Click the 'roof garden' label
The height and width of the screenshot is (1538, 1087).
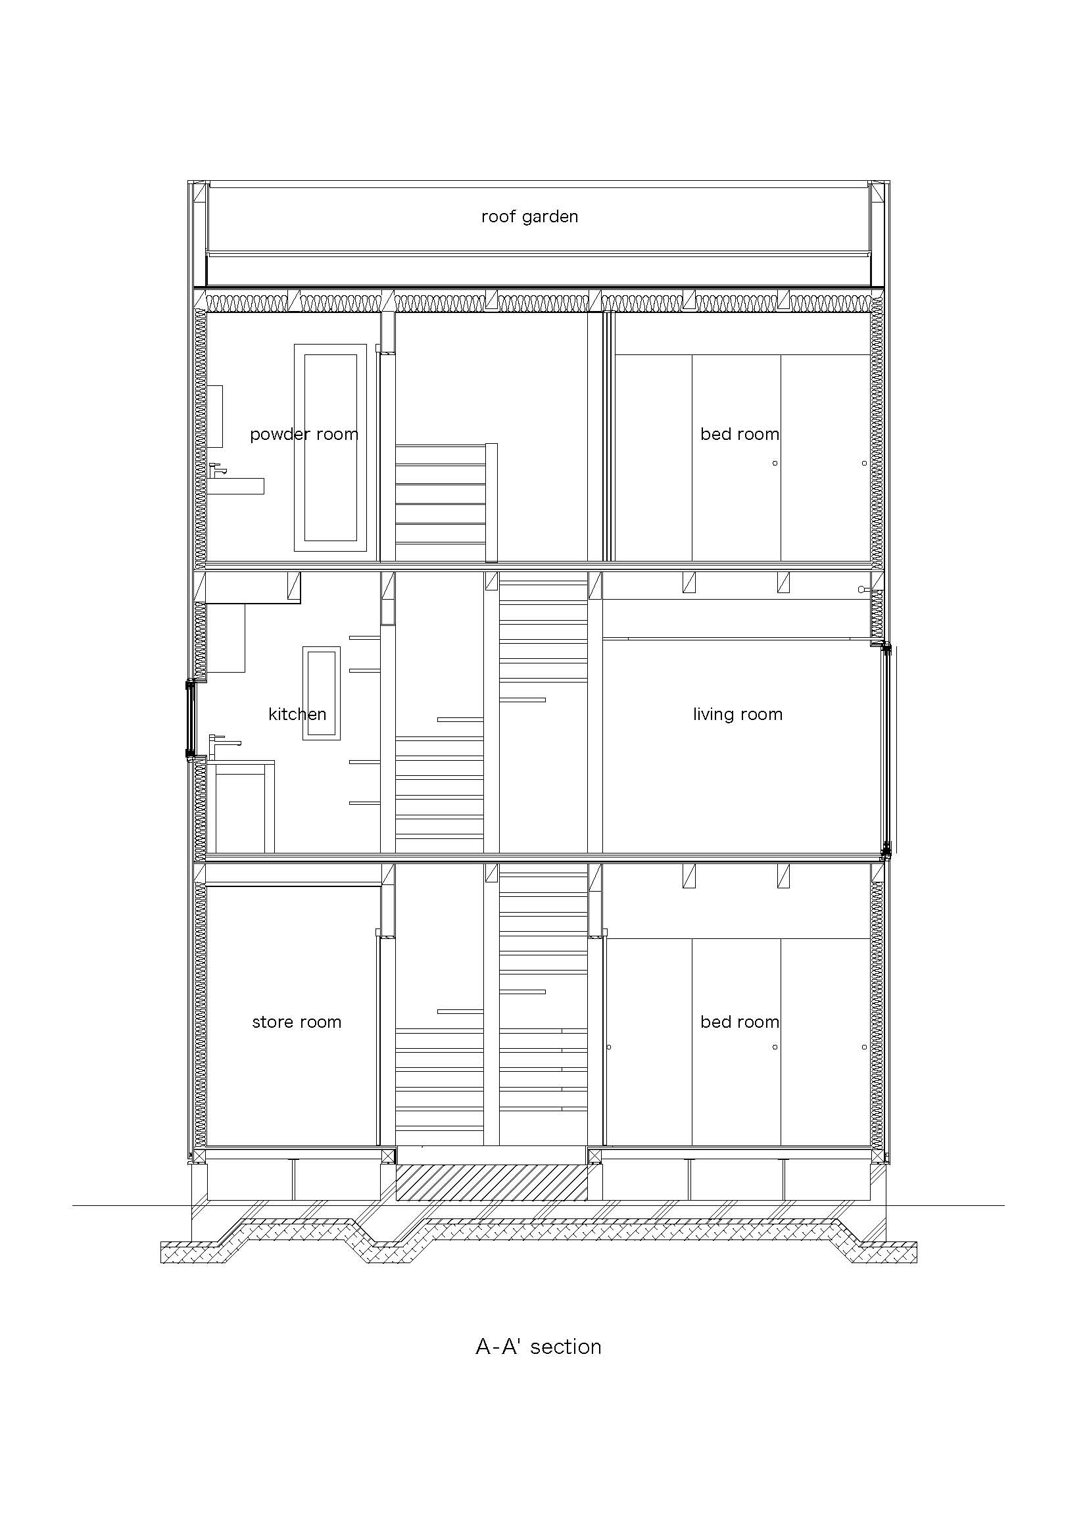pyautogui.click(x=529, y=217)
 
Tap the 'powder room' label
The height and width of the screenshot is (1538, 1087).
pyautogui.click(x=304, y=435)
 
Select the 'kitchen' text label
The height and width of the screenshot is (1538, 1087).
pyautogui.click(x=297, y=714)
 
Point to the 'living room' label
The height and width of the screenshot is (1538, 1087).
pyautogui.click(x=737, y=715)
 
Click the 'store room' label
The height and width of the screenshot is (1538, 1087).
pyautogui.click(x=297, y=1022)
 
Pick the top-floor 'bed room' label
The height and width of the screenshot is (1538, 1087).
pyautogui.click(x=739, y=434)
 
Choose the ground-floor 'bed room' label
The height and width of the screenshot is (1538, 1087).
pyautogui.click(x=739, y=1022)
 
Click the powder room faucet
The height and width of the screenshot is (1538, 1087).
pyautogui.click(x=217, y=470)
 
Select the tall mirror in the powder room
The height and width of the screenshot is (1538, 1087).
pyautogui.click(x=330, y=448)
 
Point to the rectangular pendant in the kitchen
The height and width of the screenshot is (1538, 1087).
pyautogui.click(x=322, y=693)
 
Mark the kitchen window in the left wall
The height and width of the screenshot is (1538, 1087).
pyautogui.click(x=190, y=719)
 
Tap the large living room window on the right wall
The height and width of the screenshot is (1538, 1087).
pyautogui.click(x=886, y=751)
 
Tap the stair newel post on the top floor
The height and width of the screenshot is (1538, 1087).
pyautogui.click(x=492, y=502)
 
